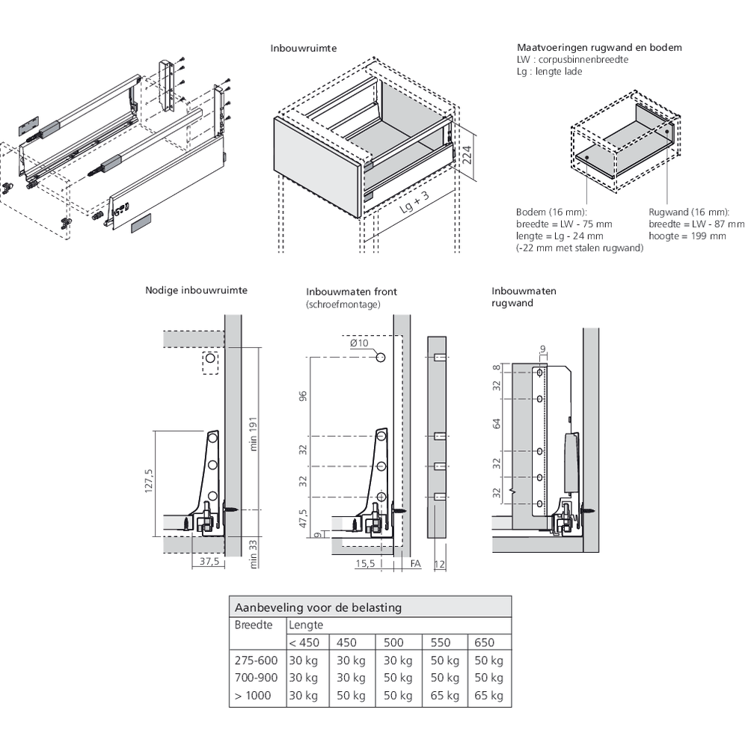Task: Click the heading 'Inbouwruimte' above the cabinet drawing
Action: point(303,48)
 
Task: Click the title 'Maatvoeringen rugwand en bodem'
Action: point(599,47)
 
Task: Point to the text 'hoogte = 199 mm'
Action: point(687,236)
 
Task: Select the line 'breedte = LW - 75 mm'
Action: point(564,224)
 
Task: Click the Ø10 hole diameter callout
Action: point(359,343)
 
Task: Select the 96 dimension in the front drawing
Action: point(304,397)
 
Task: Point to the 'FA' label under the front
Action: point(415,562)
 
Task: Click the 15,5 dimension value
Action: point(365,562)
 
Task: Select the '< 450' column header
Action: point(303,642)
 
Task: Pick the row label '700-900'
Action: point(256,678)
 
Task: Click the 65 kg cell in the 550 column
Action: point(444,696)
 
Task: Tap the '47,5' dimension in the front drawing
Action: point(304,518)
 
